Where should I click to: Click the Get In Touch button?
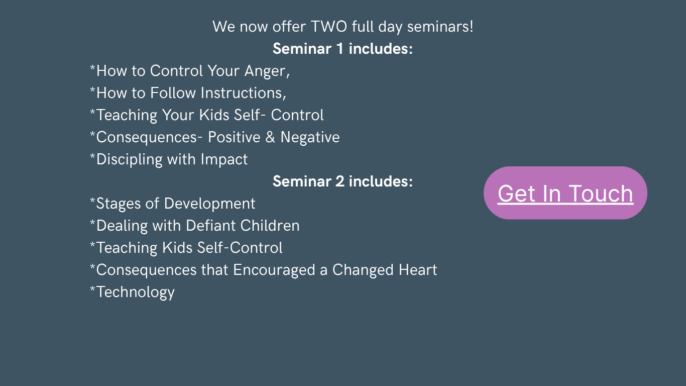coord(565,193)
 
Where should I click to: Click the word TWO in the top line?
coord(329,27)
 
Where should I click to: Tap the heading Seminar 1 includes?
coord(342,49)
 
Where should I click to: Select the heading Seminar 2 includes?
coord(342,181)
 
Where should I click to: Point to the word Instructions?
coord(243,93)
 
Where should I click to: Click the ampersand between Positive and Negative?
coord(270,137)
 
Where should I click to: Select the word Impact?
coord(224,160)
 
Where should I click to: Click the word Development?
coord(209,204)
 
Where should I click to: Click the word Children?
coord(270,226)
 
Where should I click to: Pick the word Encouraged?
coord(274,270)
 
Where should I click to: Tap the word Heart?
coord(418,270)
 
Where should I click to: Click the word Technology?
coord(136,293)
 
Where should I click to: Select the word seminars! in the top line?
coord(440,27)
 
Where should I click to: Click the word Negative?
coord(310,137)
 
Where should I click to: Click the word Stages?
coord(119,204)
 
